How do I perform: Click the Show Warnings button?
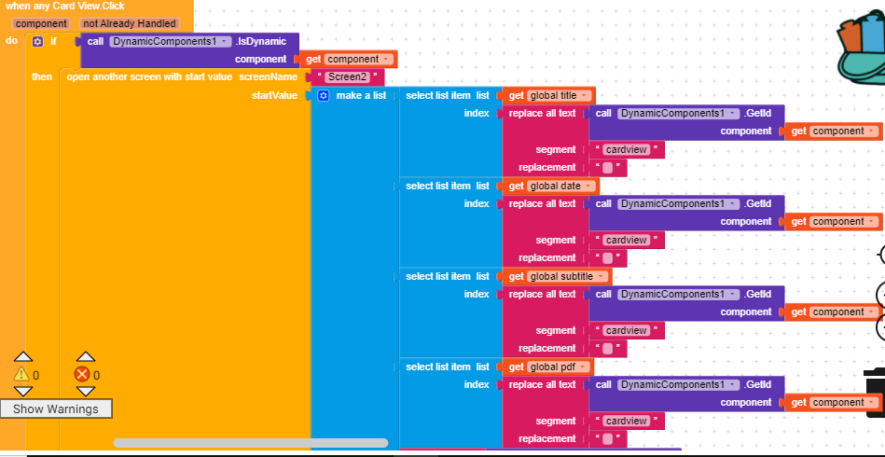pyautogui.click(x=56, y=409)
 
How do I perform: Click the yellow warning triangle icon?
pyautogui.click(x=21, y=374)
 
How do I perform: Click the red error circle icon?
pyautogui.click(x=83, y=374)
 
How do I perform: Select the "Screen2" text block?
pyautogui.click(x=347, y=76)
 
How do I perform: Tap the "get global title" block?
pyautogui.click(x=549, y=95)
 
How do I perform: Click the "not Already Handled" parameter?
pyautogui.click(x=130, y=23)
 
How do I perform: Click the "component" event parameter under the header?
pyautogui.click(x=41, y=23)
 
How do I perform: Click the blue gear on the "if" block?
pyautogui.click(x=37, y=41)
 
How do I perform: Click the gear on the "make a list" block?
pyautogui.click(x=323, y=96)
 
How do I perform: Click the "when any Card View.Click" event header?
pyautogui.click(x=64, y=6)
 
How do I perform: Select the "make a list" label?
pyautogui.click(x=361, y=96)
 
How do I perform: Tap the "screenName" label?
pyautogui.click(x=269, y=76)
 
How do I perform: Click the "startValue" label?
pyautogui.click(x=275, y=95)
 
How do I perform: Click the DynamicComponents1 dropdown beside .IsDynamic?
pyautogui.click(x=170, y=41)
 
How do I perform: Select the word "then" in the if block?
pyautogui.click(x=42, y=76)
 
